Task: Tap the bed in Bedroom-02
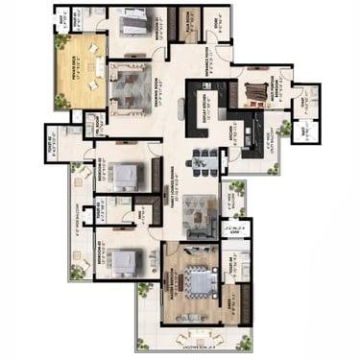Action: click(126, 175)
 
